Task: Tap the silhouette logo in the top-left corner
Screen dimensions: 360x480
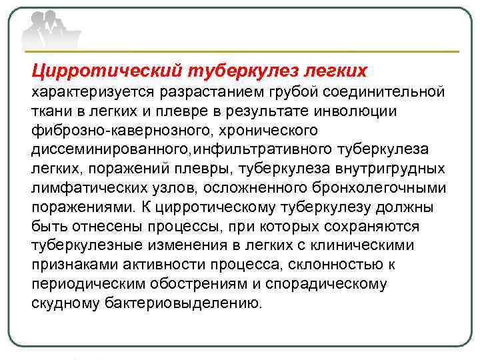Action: tap(51, 30)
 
